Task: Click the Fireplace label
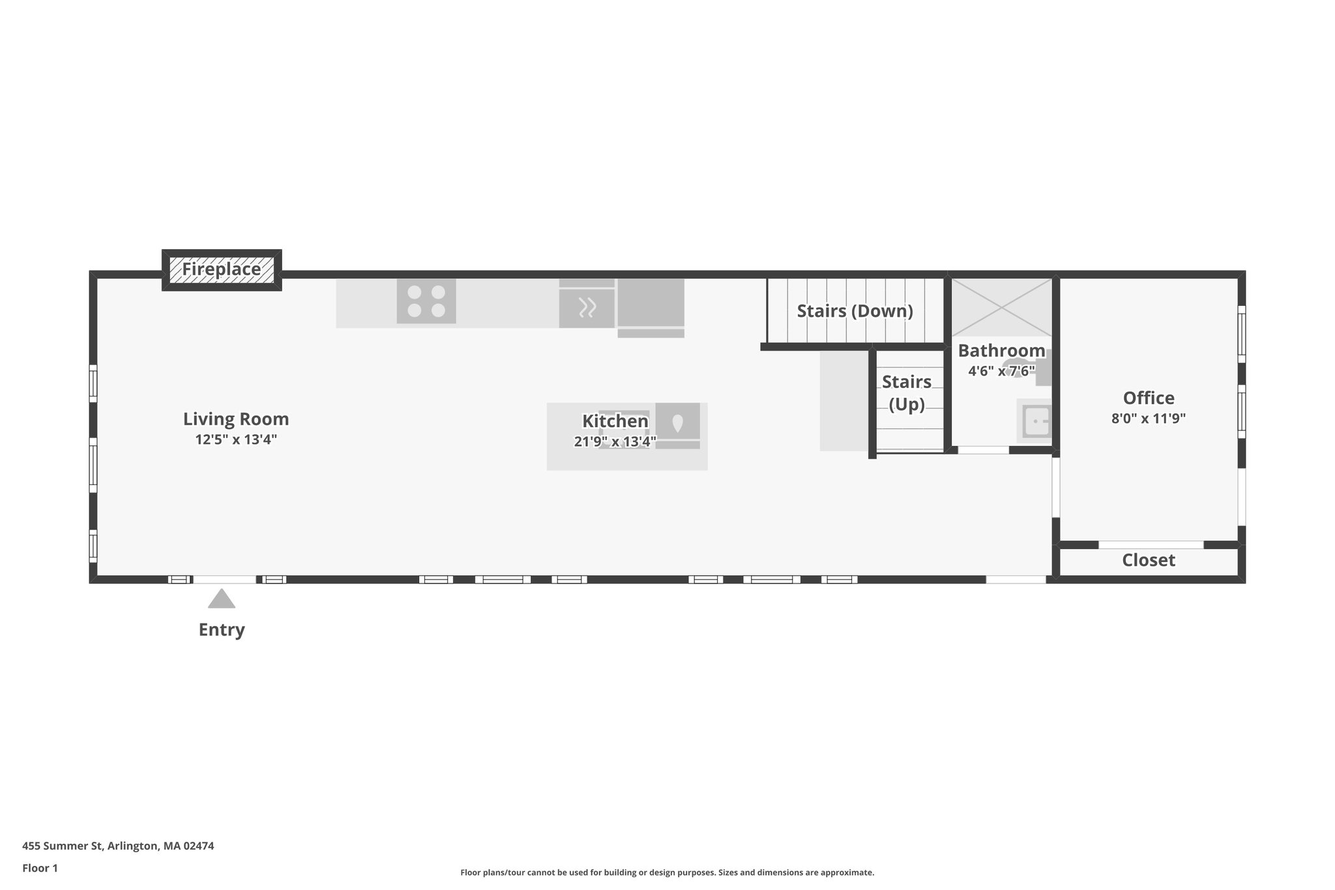click(x=221, y=269)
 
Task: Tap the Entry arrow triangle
click(x=222, y=599)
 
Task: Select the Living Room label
click(x=236, y=419)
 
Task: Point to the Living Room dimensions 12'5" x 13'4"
click(x=236, y=439)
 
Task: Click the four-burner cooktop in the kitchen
click(x=426, y=301)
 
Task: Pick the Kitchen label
click(x=615, y=421)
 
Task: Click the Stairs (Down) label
click(x=855, y=311)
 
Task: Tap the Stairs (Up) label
click(x=907, y=393)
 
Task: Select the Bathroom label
click(x=1001, y=351)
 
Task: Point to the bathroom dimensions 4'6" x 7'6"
click(x=1001, y=371)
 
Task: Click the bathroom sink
click(x=1035, y=421)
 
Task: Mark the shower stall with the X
click(x=1001, y=307)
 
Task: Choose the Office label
click(x=1149, y=398)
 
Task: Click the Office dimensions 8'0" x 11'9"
click(x=1149, y=418)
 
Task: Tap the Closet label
click(x=1149, y=560)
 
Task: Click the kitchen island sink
click(x=677, y=423)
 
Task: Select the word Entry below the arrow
click(x=222, y=630)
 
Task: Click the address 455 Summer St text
click(x=118, y=846)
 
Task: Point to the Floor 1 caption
click(x=40, y=868)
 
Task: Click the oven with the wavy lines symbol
click(x=587, y=307)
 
